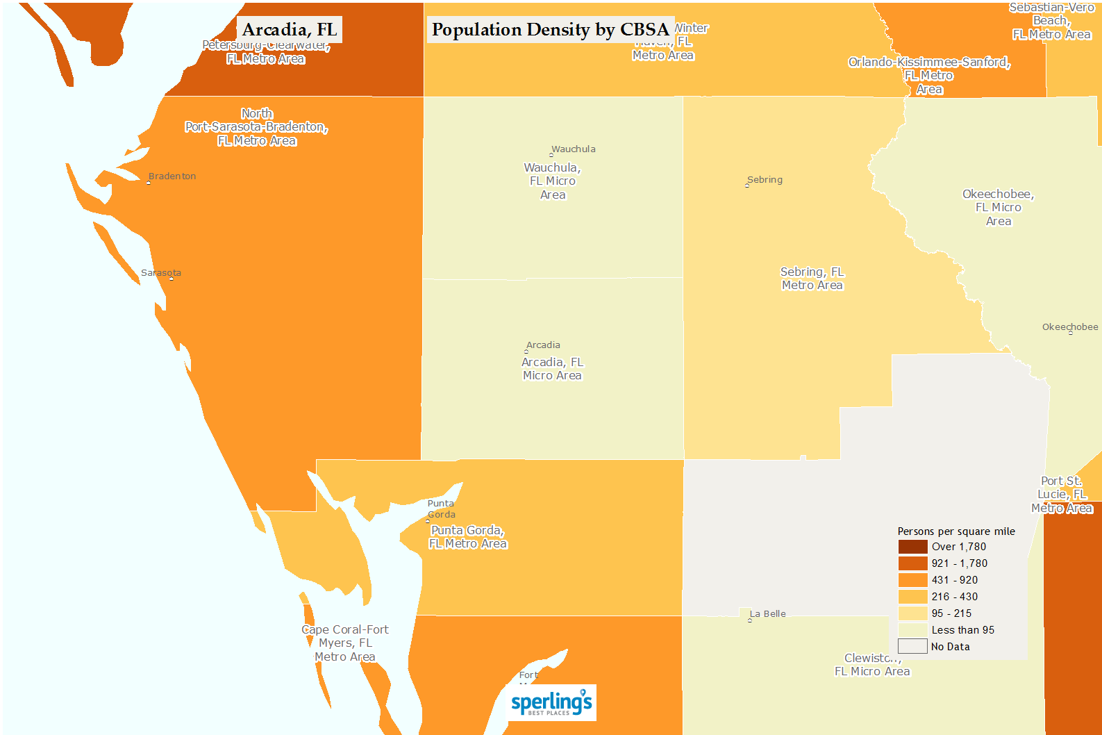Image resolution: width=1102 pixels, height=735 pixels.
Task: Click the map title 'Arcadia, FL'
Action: pos(290,30)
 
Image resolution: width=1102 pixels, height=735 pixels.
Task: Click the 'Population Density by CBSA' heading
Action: pos(550,30)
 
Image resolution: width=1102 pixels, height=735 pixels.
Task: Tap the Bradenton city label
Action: pos(172,176)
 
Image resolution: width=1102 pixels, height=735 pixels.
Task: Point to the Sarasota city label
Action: pos(161,273)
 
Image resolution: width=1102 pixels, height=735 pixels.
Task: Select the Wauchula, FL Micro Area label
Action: pos(553,181)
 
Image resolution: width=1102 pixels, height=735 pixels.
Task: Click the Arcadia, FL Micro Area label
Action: pos(552,369)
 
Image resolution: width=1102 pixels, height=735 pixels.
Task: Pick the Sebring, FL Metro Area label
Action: pos(812,279)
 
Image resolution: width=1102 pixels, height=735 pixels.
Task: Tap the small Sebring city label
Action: pos(765,180)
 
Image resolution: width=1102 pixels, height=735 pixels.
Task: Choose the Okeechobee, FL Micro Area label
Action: pos(998,208)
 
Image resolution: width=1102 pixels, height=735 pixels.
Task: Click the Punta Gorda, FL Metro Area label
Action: pos(467,537)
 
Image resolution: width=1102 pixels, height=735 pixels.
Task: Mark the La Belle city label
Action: pos(768,614)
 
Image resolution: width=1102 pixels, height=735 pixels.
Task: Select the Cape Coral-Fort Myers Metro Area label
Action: pos(345,643)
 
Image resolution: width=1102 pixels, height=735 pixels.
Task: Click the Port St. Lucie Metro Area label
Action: pos(1062,495)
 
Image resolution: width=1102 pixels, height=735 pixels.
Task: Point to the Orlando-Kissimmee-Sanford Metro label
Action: pos(929,76)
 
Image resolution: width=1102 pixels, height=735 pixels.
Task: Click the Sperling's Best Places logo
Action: pos(552,702)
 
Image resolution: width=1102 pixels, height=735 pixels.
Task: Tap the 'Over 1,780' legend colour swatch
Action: pos(912,547)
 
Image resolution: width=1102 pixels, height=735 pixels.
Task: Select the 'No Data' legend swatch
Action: pos(912,647)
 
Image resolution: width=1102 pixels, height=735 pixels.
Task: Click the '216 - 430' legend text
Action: pos(954,597)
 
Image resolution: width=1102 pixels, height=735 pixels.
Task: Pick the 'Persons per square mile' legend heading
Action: pos(956,531)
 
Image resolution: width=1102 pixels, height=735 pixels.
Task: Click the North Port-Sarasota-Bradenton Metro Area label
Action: pos(256,127)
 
